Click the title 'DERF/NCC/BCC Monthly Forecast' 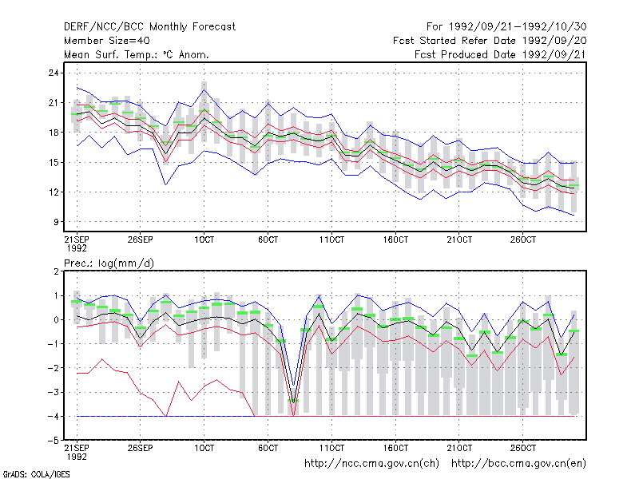tap(149, 27)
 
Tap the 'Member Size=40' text tap(107, 41)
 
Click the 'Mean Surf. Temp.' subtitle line tap(137, 54)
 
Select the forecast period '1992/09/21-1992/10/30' tap(518, 27)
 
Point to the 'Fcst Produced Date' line tap(501, 54)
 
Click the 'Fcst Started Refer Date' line tap(490, 41)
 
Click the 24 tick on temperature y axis tap(54, 73)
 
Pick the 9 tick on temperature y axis tap(56, 222)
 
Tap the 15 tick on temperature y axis tap(54, 163)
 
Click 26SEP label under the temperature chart tap(141, 239)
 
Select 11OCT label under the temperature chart tap(331, 239)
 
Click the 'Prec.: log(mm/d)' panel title tap(109, 263)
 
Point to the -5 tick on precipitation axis tap(54, 441)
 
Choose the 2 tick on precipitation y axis tap(56, 271)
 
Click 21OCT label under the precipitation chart tap(459, 448)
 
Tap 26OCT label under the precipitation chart tap(523, 448)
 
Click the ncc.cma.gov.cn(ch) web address tap(371, 464)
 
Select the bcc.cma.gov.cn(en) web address tap(518, 464)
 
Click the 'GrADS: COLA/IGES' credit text tap(36, 474)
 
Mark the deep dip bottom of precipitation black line tap(293, 402)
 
